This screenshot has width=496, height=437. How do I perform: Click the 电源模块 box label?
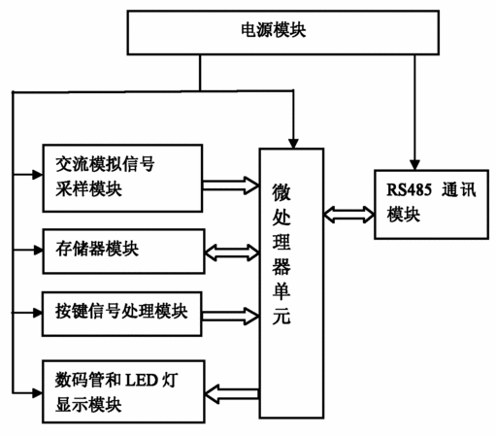click(x=274, y=30)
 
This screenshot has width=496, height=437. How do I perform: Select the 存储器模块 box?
click(x=123, y=252)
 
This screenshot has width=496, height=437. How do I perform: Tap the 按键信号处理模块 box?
click(x=122, y=314)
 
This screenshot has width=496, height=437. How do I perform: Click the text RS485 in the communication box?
click(x=410, y=189)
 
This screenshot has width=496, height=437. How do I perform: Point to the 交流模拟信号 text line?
click(x=105, y=164)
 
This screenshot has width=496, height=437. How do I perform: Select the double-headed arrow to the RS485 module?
click(x=349, y=215)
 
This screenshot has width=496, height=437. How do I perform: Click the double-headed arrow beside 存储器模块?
click(x=232, y=252)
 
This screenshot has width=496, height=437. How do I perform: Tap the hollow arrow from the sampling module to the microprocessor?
click(x=231, y=185)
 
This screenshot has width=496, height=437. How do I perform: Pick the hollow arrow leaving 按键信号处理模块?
click(x=230, y=316)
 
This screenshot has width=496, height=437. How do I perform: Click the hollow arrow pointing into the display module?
click(x=232, y=394)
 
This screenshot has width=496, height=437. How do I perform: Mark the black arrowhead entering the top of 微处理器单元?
click(x=293, y=144)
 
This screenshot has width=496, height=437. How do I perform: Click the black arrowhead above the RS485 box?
click(x=414, y=165)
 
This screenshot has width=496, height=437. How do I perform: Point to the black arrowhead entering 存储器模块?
click(x=38, y=251)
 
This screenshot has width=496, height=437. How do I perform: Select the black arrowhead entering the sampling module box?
click(x=38, y=175)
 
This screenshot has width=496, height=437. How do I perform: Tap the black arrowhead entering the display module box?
click(x=38, y=393)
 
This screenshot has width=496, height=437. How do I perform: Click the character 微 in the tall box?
click(x=281, y=191)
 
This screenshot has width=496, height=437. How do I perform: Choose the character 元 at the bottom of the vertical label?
click(x=281, y=316)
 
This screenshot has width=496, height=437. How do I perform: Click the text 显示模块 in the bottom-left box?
click(x=88, y=404)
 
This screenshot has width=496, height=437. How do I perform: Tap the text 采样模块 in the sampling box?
click(x=88, y=188)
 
